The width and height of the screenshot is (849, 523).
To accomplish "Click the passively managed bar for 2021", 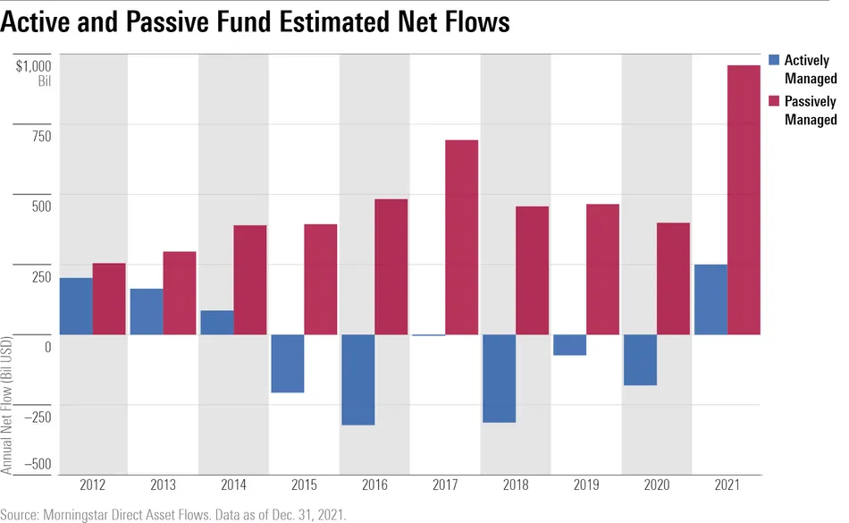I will pyautogui.click(x=744, y=200).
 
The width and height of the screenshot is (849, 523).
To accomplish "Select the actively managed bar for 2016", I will pyautogui.click(x=357, y=380).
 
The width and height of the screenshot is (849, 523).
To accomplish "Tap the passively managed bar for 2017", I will pyautogui.click(x=462, y=238).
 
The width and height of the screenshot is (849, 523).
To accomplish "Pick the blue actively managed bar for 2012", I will pyautogui.click(x=76, y=307).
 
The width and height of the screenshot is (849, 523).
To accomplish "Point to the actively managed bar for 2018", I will pyautogui.click(x=498, y=378).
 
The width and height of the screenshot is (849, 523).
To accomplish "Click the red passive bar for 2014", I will pyautogui.click(x=250, y=280).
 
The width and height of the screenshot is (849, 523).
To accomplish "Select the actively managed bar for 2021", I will pyautogui.click(x=710, y=299).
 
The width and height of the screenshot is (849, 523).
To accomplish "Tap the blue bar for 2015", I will pyautogui.click(x=288, y=364).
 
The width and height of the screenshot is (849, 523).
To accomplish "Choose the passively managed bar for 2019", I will pyautogui.click(x=602, y=270).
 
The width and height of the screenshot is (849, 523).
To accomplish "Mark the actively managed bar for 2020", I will pyautogui.click(x=639, y=360).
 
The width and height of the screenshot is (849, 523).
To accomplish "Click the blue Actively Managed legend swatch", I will pyautogui.click(x=775, y=60).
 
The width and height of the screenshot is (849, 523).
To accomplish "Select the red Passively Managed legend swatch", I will pyautogui.click(x=775, y=102).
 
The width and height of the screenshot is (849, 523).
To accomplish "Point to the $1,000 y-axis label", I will pyautogui.click(x=33, y=65).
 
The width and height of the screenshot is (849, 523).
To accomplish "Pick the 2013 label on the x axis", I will pyautogui.click(x=163, y=486).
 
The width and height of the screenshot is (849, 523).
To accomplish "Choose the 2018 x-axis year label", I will pyautogui.click(x=515, y=486).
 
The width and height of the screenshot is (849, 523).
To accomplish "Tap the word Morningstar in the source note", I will pyautogui.click(x=82, y=514).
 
